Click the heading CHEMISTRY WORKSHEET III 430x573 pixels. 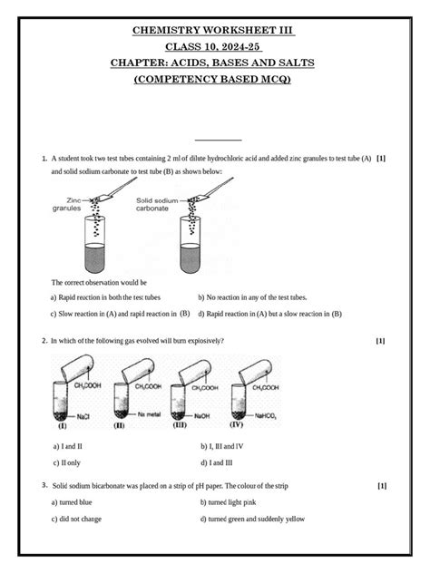[x=215, y=30]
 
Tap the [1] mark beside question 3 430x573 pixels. [x=381, y=486]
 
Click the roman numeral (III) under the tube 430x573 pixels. [x=179, y=423]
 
